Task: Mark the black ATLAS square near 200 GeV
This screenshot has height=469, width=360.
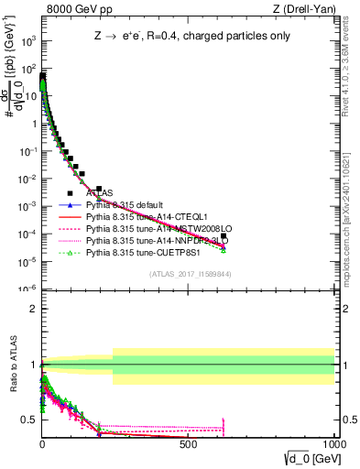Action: [x=99, y=189]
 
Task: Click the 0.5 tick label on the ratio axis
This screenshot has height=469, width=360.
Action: [x=27, y=420]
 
